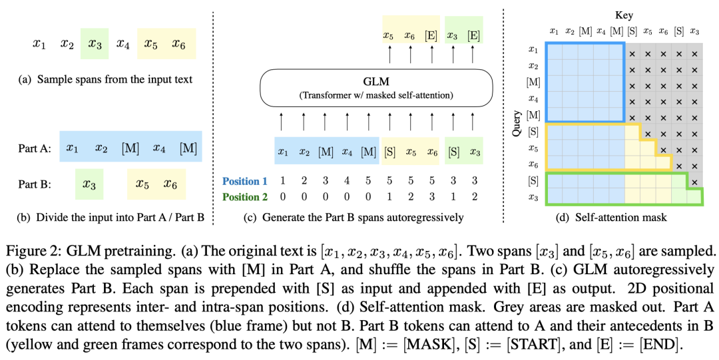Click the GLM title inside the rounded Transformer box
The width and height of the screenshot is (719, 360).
pos(376,82)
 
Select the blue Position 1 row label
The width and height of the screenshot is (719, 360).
pos(245,181)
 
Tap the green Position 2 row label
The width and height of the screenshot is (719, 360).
pos(245,197)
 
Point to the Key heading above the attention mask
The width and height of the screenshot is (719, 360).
pos(624,15)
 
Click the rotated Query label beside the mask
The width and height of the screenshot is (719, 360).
pos(517,123)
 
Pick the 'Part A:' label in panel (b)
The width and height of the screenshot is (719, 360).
pos(35,148)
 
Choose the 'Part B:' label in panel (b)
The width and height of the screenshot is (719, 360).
pos(35,184)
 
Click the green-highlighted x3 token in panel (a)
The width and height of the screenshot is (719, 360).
pos(95,44)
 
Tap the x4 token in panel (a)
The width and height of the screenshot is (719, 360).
pos(123,44)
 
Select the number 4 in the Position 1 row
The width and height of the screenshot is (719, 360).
pos(347,181)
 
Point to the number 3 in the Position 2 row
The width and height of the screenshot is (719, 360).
pos(432,197)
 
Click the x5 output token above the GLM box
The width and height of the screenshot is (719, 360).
pos(389,35)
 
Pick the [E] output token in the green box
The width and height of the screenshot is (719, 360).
pos(473,35)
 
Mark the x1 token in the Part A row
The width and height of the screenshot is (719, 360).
pos(72,148)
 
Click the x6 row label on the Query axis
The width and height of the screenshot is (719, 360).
pos(533,164)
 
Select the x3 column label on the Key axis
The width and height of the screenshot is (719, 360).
pos(694,31)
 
